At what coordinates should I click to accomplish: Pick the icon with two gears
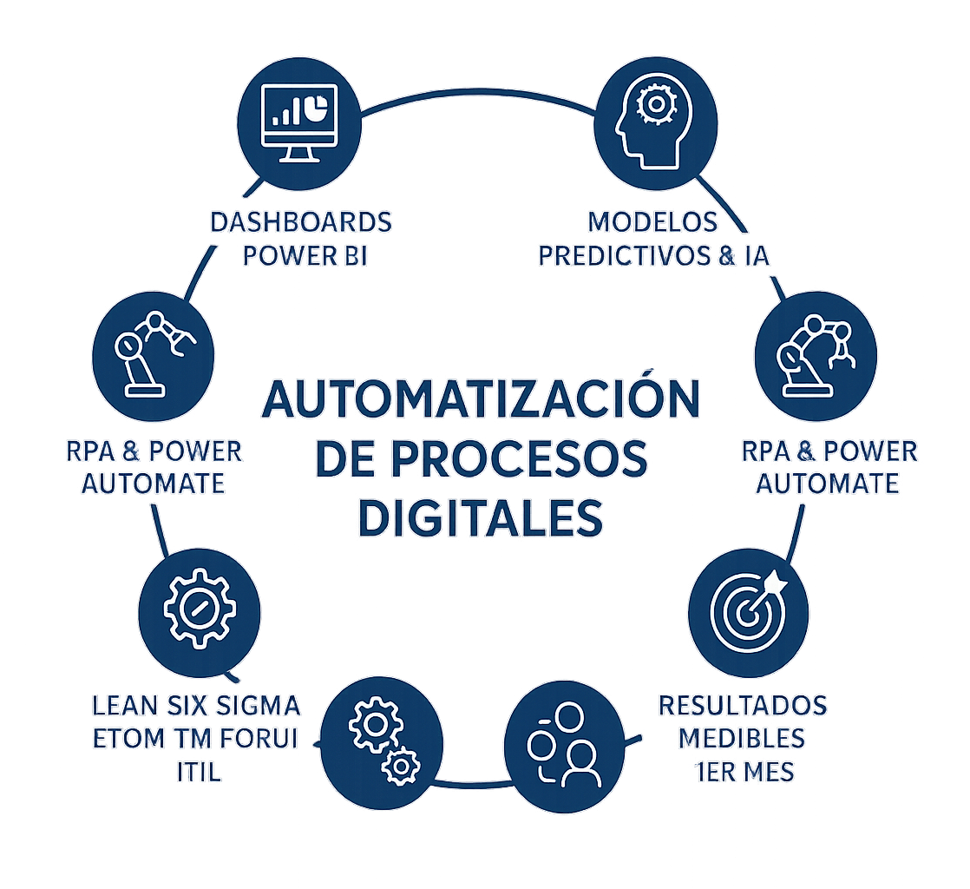point(383,738)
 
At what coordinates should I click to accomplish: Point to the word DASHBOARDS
point(301,222)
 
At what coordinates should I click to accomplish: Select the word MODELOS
point(652,222)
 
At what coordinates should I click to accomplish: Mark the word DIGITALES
point(481,518)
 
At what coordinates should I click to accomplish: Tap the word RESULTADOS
point(743,704)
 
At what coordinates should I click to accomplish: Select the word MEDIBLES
point(742,738)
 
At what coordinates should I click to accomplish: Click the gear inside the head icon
point(653,105)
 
